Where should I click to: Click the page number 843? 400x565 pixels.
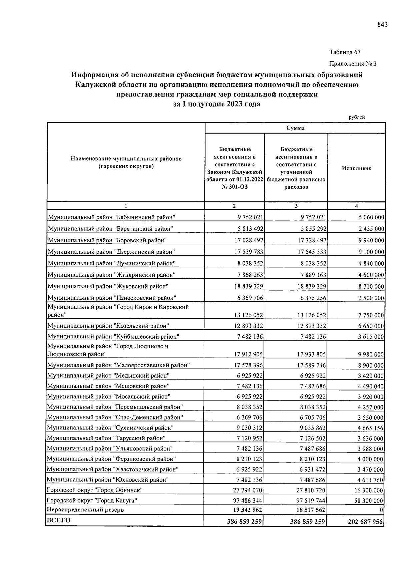(x=382, y=25)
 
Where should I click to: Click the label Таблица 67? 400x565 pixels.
(x=345, y=52)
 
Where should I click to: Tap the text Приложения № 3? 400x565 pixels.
(x=353, y=64)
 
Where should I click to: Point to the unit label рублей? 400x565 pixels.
(x=357, y=117)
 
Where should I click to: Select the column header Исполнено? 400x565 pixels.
(x=356, y=168)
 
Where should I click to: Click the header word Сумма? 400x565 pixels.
(x=295, y=128)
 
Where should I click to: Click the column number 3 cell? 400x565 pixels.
(x=296, y=206)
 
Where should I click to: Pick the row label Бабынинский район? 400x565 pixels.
(x=112, y=217)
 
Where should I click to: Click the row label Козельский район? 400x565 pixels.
(x=108, y=326)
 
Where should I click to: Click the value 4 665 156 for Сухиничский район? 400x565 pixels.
(x=371, y=428)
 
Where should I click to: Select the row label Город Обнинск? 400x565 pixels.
(x=95, y=490)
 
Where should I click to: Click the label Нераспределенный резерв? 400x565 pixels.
(x=85, y=510)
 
